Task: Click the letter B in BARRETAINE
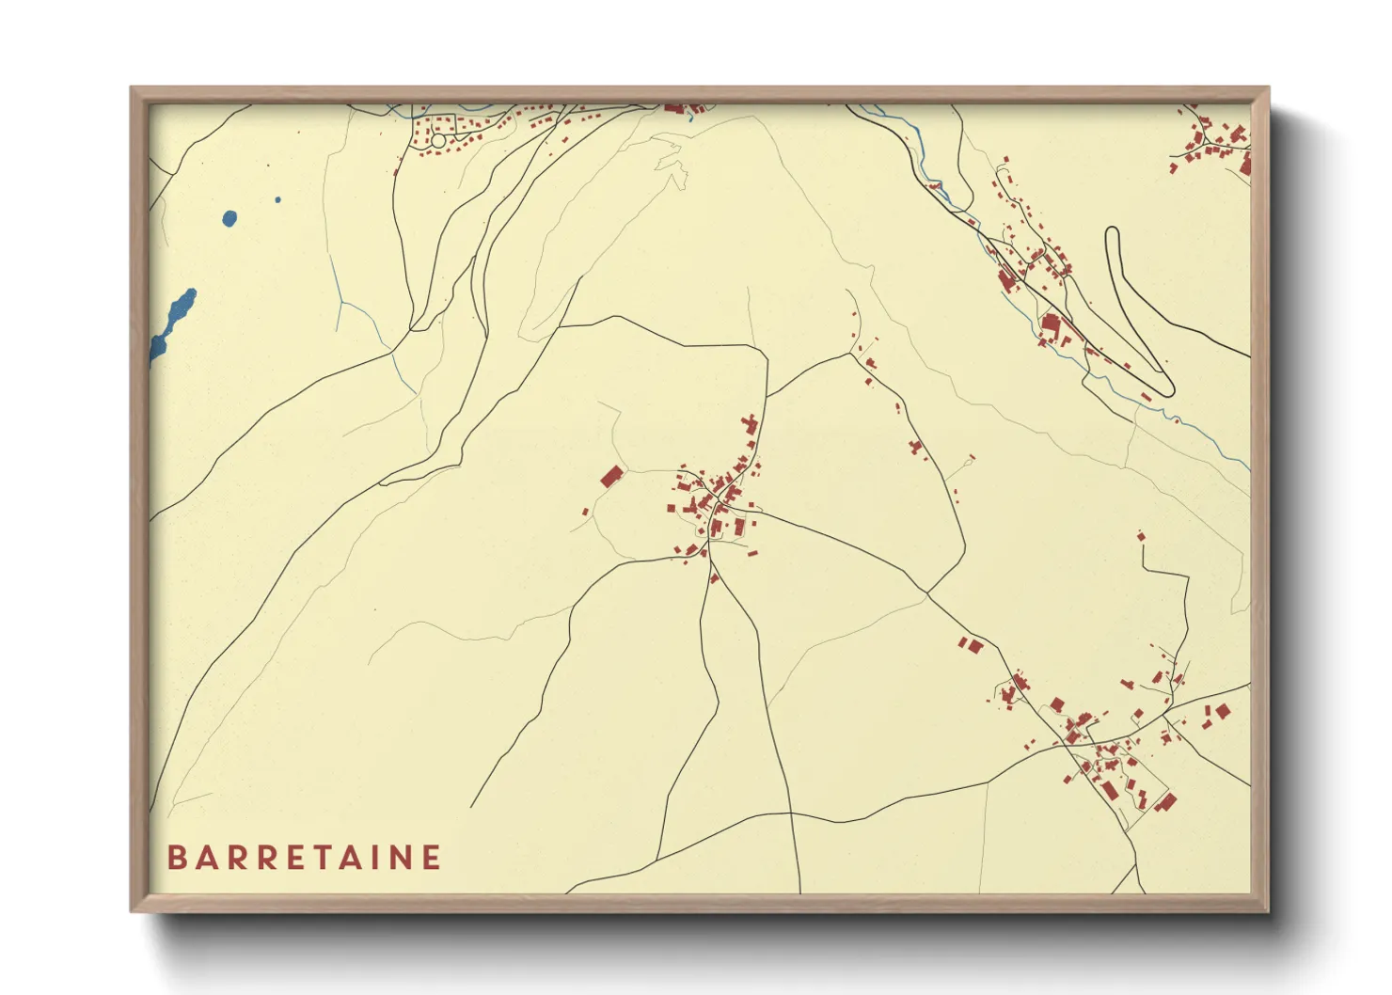click(x=176, y=858)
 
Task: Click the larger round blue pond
click(x=229, y=219)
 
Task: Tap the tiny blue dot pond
click(x=277, y=199)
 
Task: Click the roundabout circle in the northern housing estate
click(x=437, y=140)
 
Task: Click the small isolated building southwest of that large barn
click(x=585, y=513)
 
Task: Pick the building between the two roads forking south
click(x=714, y=577)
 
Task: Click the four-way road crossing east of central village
click(x=927, y=593)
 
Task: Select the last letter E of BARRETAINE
click(x=432, y=858)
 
